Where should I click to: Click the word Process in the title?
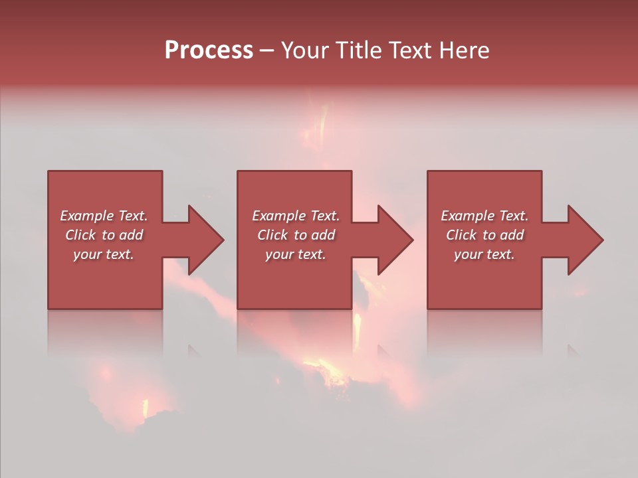pos(209,50)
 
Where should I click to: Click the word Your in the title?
pos(307,50)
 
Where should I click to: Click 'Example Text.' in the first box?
pos(104,216)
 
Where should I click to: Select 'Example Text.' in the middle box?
pos(295,216)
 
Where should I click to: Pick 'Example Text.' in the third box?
pos(484,216)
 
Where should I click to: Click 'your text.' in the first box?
pos(104,254)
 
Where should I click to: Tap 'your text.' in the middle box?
pos(295,254)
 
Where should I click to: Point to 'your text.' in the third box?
pos(484,254)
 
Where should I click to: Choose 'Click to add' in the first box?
pos(104,235)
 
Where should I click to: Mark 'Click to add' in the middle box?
pos(295,235)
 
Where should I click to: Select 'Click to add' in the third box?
pos(484,235)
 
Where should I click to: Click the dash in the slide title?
pos(266,51)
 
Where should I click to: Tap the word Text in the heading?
pos(408,50)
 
